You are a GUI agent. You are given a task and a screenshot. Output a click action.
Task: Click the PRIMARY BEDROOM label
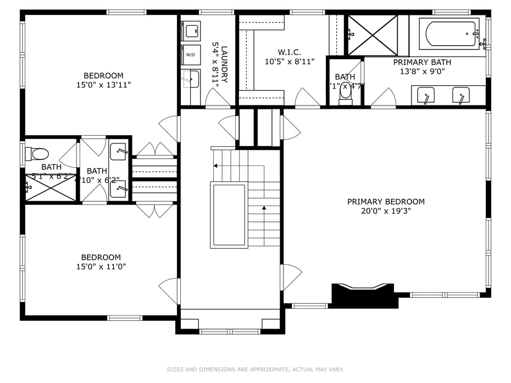pos(386,202)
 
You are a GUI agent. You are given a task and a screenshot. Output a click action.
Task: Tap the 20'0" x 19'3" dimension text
pos(386,211)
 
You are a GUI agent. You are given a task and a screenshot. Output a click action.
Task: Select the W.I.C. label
pos(289,52)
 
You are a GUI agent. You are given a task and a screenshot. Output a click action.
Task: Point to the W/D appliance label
pos(191,55)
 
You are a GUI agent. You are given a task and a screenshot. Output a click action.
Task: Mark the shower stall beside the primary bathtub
pos(373,35)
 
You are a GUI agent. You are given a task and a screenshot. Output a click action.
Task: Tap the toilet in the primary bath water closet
pos(346,91)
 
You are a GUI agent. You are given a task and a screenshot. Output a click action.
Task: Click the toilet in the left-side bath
pos(38,153)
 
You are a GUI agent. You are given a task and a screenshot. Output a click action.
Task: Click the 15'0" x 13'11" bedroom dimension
pos(103,85)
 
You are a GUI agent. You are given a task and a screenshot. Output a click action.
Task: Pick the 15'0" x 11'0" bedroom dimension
pos(101,267)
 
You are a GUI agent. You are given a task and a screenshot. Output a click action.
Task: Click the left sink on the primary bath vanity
pos(425,95)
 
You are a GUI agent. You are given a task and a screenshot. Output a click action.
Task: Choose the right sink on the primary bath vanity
pos(460,95)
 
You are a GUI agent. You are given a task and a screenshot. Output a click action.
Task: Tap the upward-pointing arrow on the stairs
pos(264,208)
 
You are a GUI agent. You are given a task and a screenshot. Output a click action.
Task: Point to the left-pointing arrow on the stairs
pos(216,165)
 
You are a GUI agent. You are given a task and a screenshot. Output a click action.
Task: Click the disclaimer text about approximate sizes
pos(255,369)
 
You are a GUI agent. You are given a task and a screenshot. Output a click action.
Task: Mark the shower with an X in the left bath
pos(50,188)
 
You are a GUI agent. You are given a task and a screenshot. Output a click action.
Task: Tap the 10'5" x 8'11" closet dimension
pos(289,62)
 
